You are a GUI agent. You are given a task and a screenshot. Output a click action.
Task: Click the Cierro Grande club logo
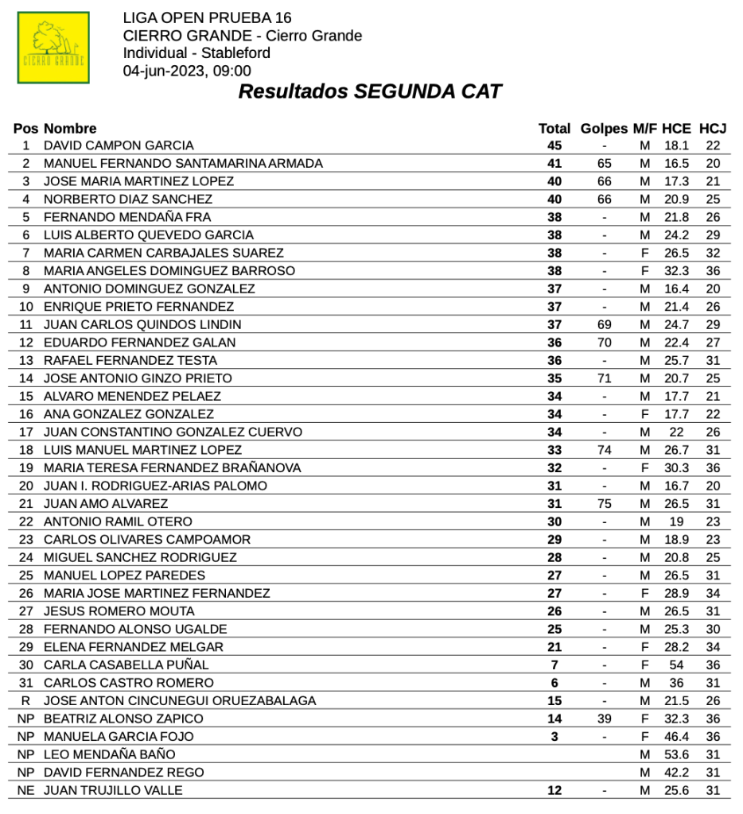(53, 48)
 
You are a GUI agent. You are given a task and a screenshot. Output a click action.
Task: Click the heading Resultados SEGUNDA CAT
(370, 91)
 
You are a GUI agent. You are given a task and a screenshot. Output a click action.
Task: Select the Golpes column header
(605, 128)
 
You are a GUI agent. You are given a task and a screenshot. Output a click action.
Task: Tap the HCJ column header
(713, 128)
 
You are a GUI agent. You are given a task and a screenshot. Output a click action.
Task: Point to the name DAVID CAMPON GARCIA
(119, 145)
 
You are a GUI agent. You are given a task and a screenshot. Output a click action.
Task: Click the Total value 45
(554, 145)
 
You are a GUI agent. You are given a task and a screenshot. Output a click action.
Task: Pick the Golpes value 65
(605, 164)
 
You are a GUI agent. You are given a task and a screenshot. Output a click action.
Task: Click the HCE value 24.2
(676, 235)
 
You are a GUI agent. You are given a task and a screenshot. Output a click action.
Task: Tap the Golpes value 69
(605, 324)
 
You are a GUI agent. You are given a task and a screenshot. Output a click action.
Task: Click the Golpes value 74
(605, 450)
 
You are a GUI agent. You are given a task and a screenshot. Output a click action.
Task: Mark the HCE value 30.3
(676, 468)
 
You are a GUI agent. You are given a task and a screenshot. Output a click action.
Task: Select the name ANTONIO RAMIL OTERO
(118, 521)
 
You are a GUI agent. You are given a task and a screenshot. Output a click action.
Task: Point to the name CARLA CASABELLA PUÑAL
(126, 665)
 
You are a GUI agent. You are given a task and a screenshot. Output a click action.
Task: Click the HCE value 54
(676, 665)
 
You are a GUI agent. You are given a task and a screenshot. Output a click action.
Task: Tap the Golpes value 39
(605, 719)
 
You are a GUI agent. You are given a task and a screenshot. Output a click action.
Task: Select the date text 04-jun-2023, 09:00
(187, 71)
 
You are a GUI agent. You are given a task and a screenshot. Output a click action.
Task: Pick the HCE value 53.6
(676, 754)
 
